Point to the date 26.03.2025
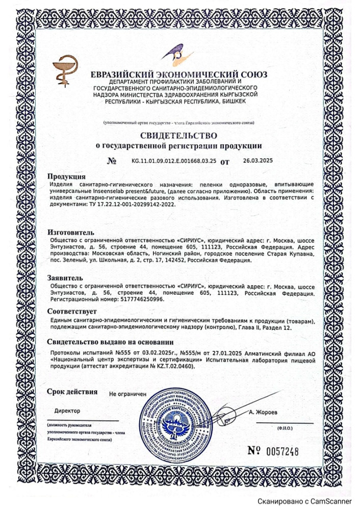(258, 161)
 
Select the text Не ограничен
(127, 395)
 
